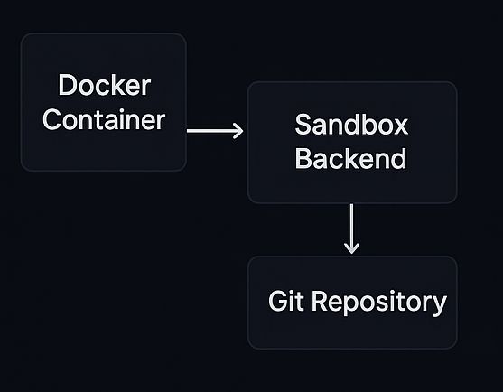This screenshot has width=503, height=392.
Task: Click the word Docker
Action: point(104,87)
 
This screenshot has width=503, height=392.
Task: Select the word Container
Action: point(104,119)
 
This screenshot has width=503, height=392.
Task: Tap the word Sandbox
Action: point(351,126)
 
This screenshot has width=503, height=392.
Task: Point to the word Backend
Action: point(351,158)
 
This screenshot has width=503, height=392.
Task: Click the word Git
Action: point(287,302)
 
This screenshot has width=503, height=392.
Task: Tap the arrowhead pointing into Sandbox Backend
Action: point(238,131)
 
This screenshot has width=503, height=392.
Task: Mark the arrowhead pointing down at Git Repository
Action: point(352,247)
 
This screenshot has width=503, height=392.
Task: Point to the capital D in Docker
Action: point(67,87)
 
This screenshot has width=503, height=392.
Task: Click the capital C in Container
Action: point(52,119)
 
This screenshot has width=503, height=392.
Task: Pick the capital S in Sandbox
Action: point(303,126)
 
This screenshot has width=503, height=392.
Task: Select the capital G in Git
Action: point(277,302)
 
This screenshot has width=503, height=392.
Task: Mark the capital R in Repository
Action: point(319,302)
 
